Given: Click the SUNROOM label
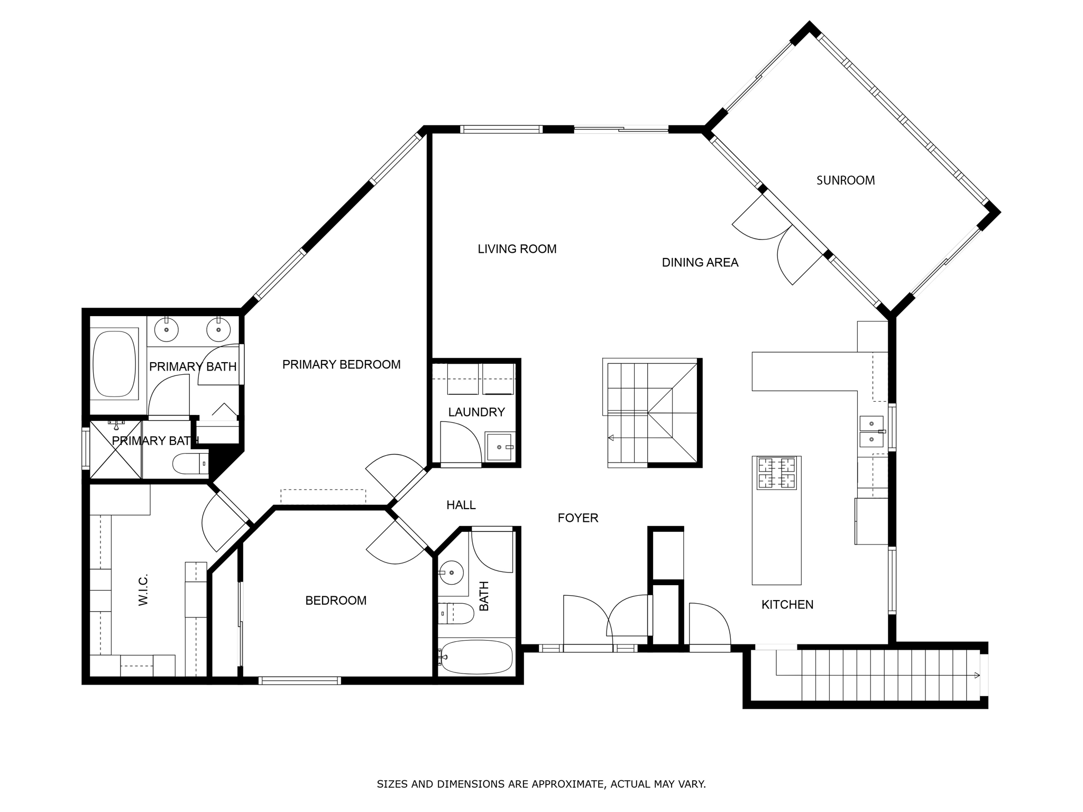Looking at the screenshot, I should click(845, 180).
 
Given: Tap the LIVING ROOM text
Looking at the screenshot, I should click(517, 249).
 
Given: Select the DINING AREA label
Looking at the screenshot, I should click(700, 262).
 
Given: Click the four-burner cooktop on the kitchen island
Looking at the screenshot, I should click(776, 473).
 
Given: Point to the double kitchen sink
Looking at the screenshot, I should click(871, 431).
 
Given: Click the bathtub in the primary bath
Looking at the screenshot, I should click(114, 364).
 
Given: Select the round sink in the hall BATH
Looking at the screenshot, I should click(451, 573).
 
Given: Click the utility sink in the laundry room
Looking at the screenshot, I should click(499, 447).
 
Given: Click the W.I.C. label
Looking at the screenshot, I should click(143, 589).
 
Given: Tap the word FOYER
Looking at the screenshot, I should click(577, 518).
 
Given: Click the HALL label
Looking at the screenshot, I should click(461, 505).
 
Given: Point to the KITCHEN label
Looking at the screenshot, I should click(787, 605).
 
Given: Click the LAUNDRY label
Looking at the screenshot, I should click(476, 412).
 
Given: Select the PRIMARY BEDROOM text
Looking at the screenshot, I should click(341, 364).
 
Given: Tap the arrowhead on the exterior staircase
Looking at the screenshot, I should click(976, 675).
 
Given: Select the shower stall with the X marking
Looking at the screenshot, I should click(116, 450).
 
